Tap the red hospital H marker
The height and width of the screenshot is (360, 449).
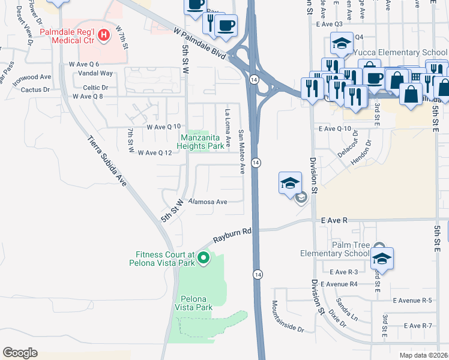(104, 35)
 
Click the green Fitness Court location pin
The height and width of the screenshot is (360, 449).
(203, 258)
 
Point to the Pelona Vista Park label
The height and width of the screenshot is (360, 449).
(193, 302)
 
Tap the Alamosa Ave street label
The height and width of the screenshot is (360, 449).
(208, 202)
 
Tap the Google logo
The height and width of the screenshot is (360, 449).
(20, 352)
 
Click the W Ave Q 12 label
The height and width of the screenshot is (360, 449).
(155, 153)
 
